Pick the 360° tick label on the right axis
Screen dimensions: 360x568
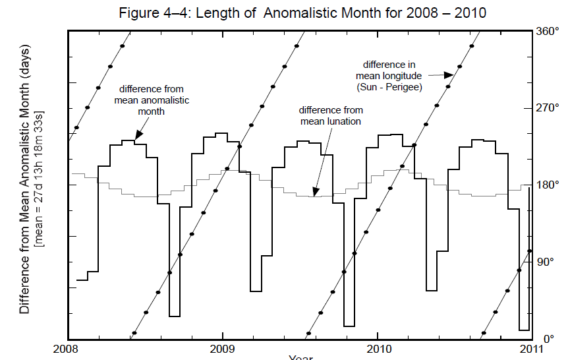pos(548,31)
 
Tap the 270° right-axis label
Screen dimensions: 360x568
pos(548,108)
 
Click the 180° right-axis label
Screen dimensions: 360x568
pos(548,185)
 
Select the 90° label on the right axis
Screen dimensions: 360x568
pos(546,262)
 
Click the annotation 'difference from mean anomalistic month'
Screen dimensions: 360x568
pos(152,100)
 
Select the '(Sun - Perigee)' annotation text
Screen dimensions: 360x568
pos(389,87)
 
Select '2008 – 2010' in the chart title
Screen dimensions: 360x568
pos(447,13)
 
